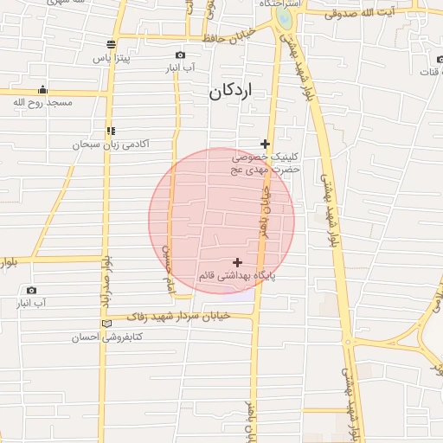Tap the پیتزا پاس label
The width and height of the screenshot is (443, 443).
(112, 58)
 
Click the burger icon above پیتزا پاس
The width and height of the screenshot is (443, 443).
(111, 44)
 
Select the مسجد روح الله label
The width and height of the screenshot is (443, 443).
(42, 102)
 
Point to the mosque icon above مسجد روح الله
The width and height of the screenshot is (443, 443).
(42, 89)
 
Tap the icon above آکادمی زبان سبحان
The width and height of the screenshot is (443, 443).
(110, 131)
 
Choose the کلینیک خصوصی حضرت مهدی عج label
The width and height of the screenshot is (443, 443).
(265, 164)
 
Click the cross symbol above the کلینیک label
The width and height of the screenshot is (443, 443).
(265, 144)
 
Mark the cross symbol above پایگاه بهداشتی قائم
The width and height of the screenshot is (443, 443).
(238, 261)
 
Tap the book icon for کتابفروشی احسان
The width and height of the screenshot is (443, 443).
(106, 324)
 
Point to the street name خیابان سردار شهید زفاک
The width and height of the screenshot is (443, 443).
(182, 317)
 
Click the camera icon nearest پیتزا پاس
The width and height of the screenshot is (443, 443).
(180, 55)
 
